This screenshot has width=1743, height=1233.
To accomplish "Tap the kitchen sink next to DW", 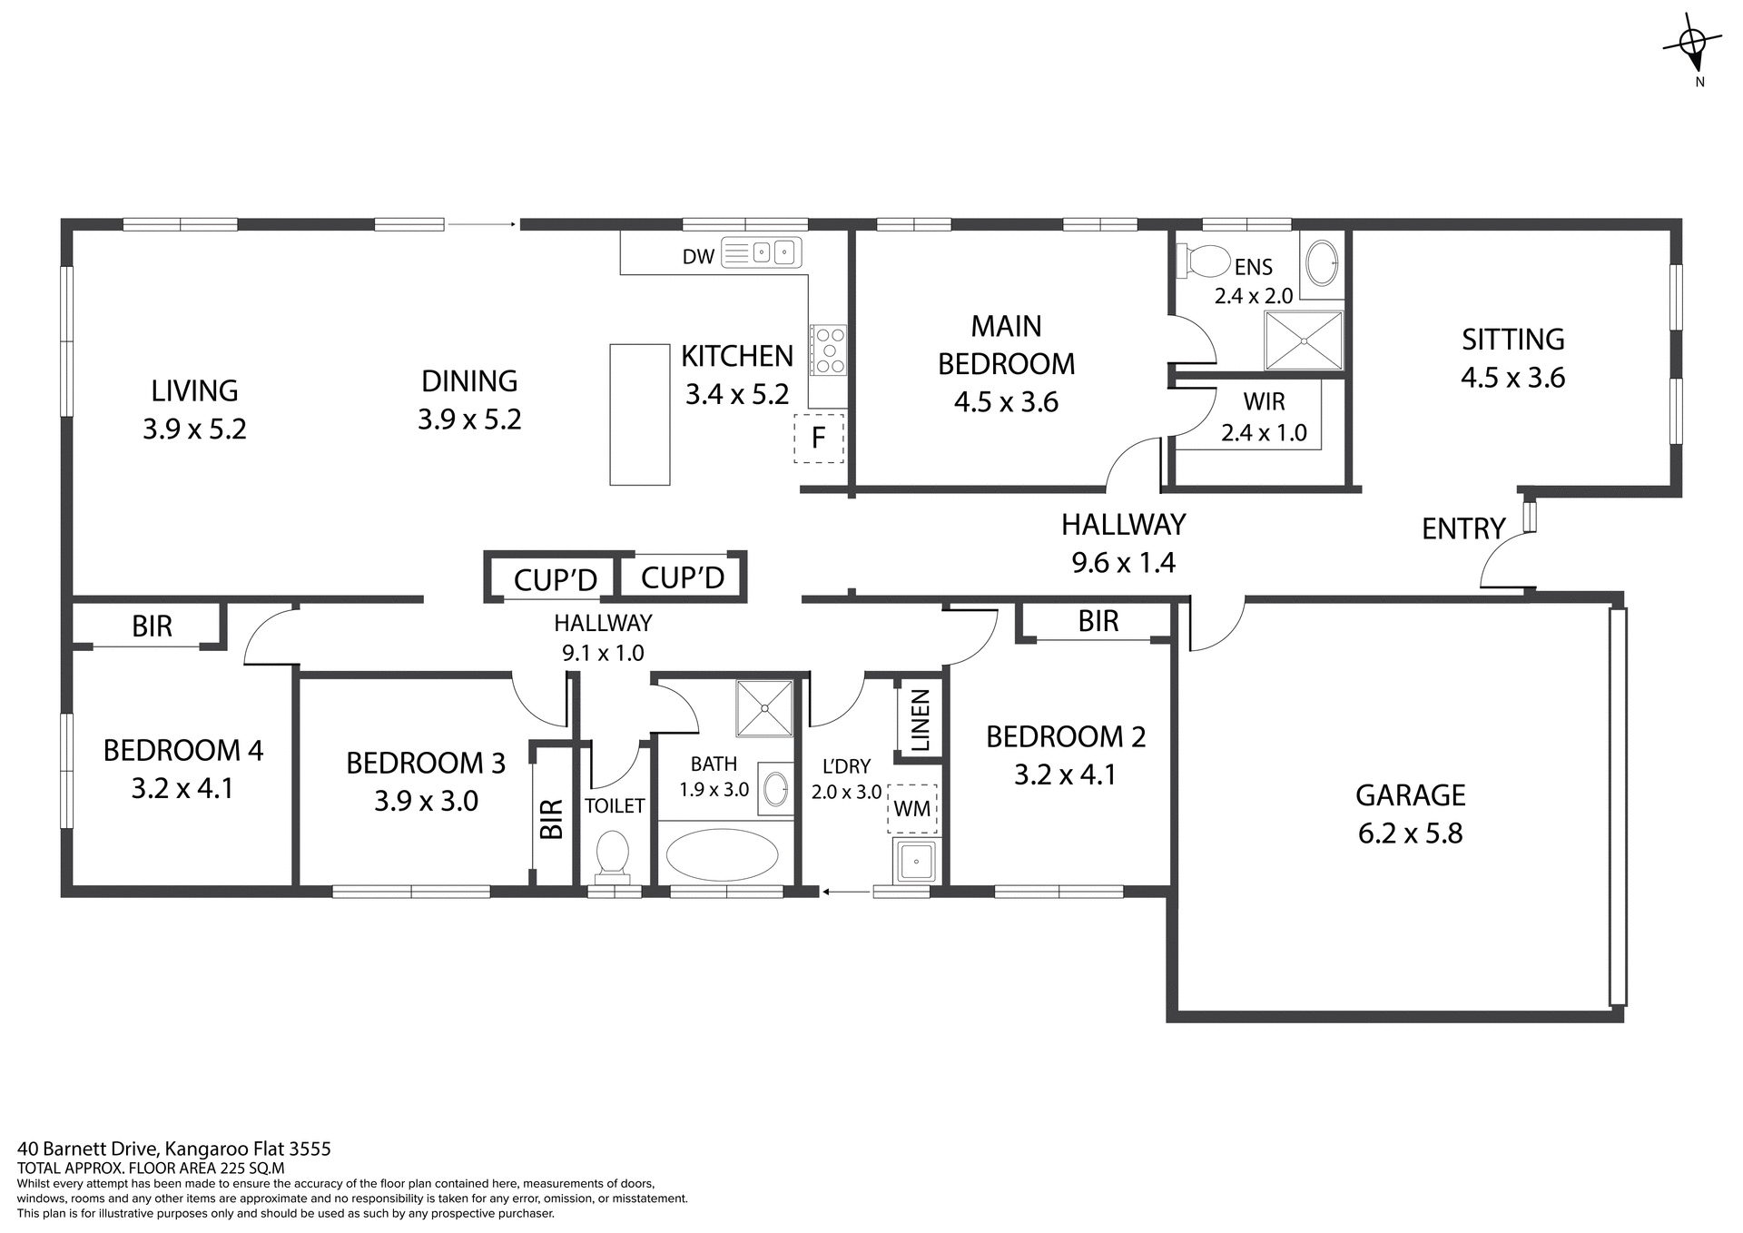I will tap(762, 253).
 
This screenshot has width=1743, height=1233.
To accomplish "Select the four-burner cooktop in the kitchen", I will tap(828, 350).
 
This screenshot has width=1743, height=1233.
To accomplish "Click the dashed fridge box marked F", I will tap(819, 439).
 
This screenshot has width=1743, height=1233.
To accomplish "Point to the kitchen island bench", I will tap(639, 414).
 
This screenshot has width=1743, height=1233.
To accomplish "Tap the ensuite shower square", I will tap(1304, 340).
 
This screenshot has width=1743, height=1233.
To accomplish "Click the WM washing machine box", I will tap(912, 808).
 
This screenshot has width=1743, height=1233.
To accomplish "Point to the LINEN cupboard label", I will tap(921, 721).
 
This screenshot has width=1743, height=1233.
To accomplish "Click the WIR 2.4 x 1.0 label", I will tap(1264, 417).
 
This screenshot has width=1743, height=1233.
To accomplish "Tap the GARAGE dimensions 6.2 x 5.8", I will tap(1410, 834).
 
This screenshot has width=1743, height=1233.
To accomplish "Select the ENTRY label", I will tap(1462, 528).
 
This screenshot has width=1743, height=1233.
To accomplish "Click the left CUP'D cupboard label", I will tap(555, 580).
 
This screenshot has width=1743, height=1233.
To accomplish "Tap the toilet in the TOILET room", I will tap(612, 857).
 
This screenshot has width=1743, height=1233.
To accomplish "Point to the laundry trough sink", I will tap(916, 861).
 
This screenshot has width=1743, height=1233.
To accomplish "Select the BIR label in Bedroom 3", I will tap(551, 818).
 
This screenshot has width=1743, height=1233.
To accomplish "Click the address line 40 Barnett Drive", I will tap(174, 1149).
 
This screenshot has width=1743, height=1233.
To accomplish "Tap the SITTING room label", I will tap(1512, 340).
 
